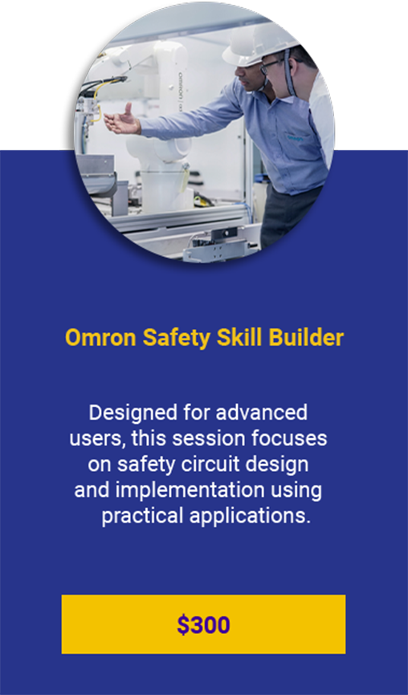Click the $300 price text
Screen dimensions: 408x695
pos(203,625)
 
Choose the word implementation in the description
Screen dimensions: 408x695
pos(190,491)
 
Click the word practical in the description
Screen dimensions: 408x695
pos(142,517)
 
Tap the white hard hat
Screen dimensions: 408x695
pos(259,43)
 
